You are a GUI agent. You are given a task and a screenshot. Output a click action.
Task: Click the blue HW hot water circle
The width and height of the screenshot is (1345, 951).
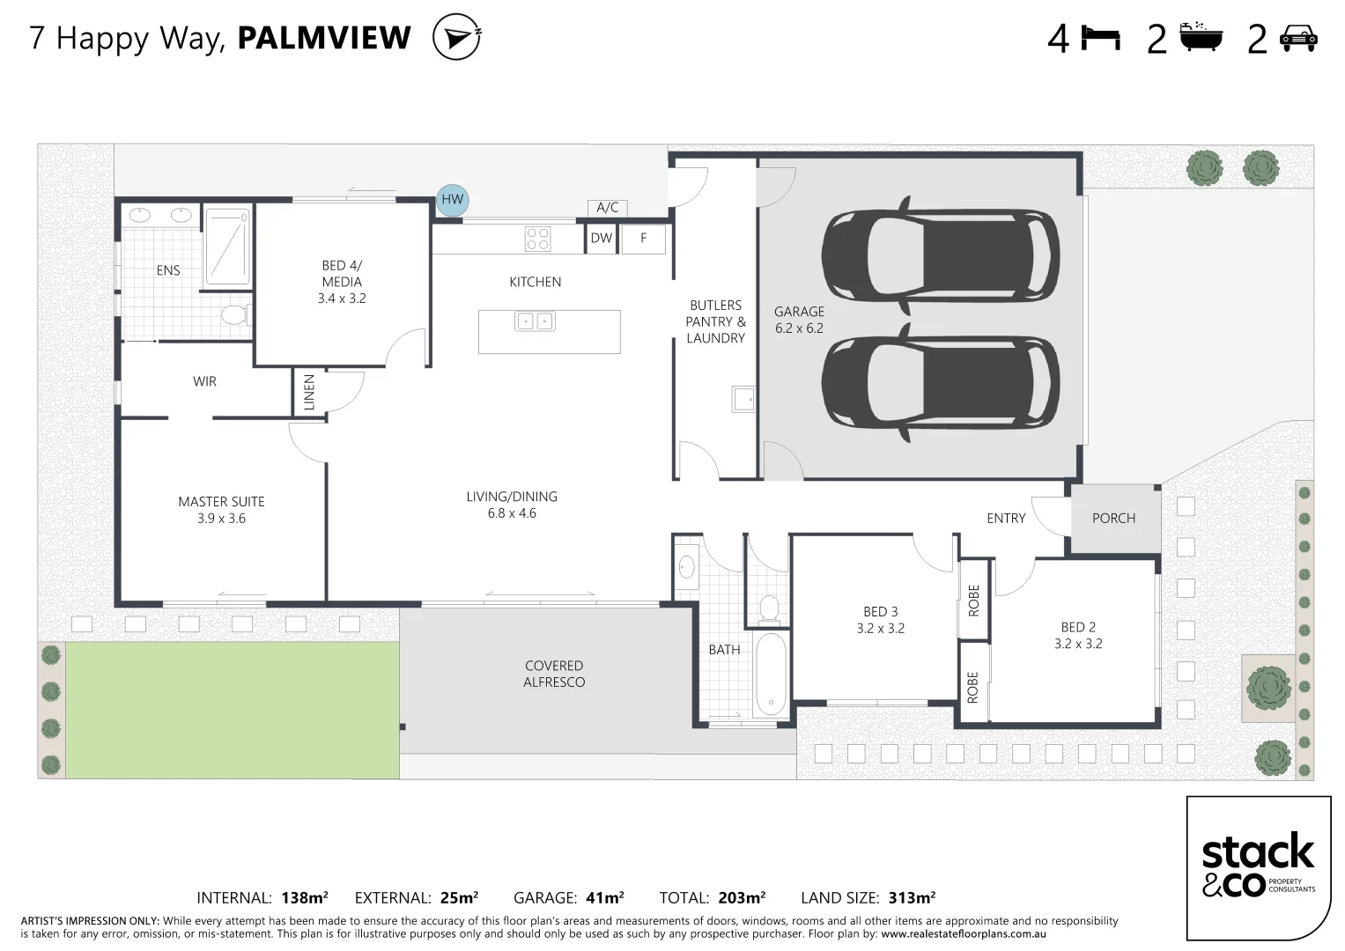coord(452,200)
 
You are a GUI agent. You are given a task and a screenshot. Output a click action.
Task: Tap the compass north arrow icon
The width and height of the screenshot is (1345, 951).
coord(456,37)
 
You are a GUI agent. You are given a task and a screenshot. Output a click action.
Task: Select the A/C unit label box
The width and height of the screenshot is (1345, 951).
coord(608,208)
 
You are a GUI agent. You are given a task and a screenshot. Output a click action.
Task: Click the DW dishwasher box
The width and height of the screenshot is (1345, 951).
coord(601,239)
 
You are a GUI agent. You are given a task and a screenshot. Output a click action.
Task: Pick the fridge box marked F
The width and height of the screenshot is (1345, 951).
coord(643,239)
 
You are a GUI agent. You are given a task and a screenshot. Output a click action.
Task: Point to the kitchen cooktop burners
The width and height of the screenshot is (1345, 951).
coord(536,239)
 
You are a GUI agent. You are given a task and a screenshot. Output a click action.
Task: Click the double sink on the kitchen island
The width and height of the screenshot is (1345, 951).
coord(535,321)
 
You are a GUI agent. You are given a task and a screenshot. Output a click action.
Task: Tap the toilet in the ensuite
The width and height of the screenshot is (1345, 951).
coord(235,314)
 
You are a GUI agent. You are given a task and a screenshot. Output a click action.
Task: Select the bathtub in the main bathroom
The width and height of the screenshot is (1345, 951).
coord(771,675)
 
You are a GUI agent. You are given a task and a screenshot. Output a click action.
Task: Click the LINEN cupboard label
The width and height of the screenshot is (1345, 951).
coord(309,392)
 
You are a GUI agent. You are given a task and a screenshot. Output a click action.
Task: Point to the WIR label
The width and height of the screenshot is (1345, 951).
coord(204,381)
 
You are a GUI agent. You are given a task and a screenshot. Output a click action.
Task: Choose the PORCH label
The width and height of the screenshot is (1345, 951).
coord(1114,518)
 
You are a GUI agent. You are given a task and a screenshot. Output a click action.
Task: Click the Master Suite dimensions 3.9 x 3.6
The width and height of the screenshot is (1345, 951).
coord(222,519)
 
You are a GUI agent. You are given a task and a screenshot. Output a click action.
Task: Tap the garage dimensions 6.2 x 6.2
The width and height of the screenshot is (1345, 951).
coord(799,328)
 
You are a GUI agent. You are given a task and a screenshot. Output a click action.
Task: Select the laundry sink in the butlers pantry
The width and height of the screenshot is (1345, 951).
coord(743,399)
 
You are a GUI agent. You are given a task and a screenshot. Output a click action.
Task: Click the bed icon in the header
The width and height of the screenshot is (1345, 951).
coord(1101,38)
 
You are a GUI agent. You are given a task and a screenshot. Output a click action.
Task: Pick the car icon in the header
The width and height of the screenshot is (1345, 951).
coord(1299,39)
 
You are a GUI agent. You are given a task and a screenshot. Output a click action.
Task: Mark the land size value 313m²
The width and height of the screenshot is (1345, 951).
coord(912,897)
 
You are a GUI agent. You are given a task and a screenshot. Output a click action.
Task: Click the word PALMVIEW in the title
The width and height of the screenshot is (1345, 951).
coord(324,37)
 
